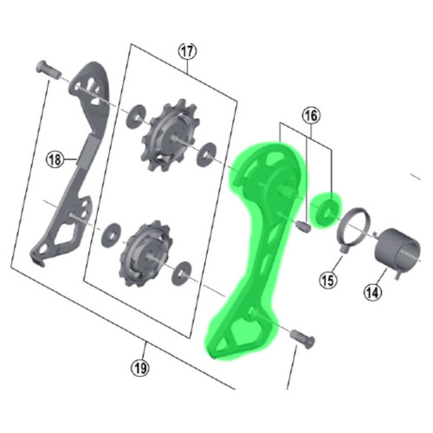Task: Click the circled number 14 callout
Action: pyautogui.click(x=372, y=293)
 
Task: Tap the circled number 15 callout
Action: pyautogui.click(x=327, y=279)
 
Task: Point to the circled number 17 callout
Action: pyautogui.click(x=186, y=50)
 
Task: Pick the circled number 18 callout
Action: pyautogui.click(x=55, y=158)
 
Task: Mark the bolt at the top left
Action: pyautogui.click(x=45, y=68)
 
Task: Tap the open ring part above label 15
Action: pyautogui.click(x=353, y=230)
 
